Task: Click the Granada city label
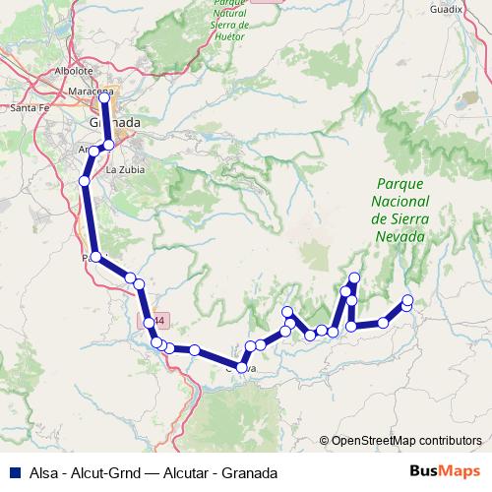pyautogui.click(x=114, y=122)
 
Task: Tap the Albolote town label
pyautogui.click(x=74, y=71)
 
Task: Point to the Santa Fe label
pyautogui.click(x=29, y=108)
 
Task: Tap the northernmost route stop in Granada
pyautogui.click(x=104, y=98)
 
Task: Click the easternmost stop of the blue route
pyautogui.click(x=408, y=301)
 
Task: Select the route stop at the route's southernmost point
pyautogui.click(x=241, y=368)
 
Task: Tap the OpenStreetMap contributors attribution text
pyautogui.click(x=406, y=440)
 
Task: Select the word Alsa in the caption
pyautogui.click(x=38, y=472)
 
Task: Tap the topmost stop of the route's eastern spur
pyautogui.click(x=354, y=278)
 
